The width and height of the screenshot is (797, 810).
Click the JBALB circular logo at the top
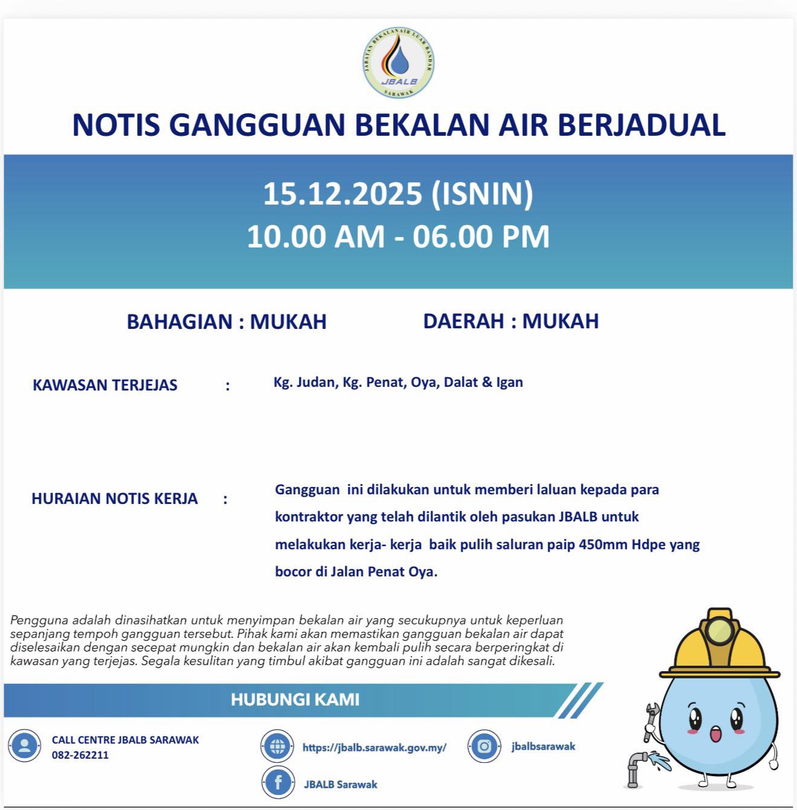point(398,63)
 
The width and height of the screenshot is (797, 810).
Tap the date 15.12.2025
point(342,194)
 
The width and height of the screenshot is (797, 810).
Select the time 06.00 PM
point(481,236)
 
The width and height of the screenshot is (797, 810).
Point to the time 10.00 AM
point(316,236)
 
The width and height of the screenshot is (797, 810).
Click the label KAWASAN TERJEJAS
point(105,385)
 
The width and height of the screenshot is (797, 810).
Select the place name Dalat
point(460,382)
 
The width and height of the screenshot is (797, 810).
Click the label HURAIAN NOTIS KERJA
point(115,499)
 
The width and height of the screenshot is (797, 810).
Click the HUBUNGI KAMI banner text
point(295,700)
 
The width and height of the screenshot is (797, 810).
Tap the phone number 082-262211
point(80,755)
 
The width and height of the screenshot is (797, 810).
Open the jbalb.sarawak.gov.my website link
point(374,747)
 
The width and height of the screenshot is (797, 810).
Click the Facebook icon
point(278,783)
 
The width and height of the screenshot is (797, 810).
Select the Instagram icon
point(484,746)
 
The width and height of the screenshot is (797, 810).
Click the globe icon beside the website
point(278,746)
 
